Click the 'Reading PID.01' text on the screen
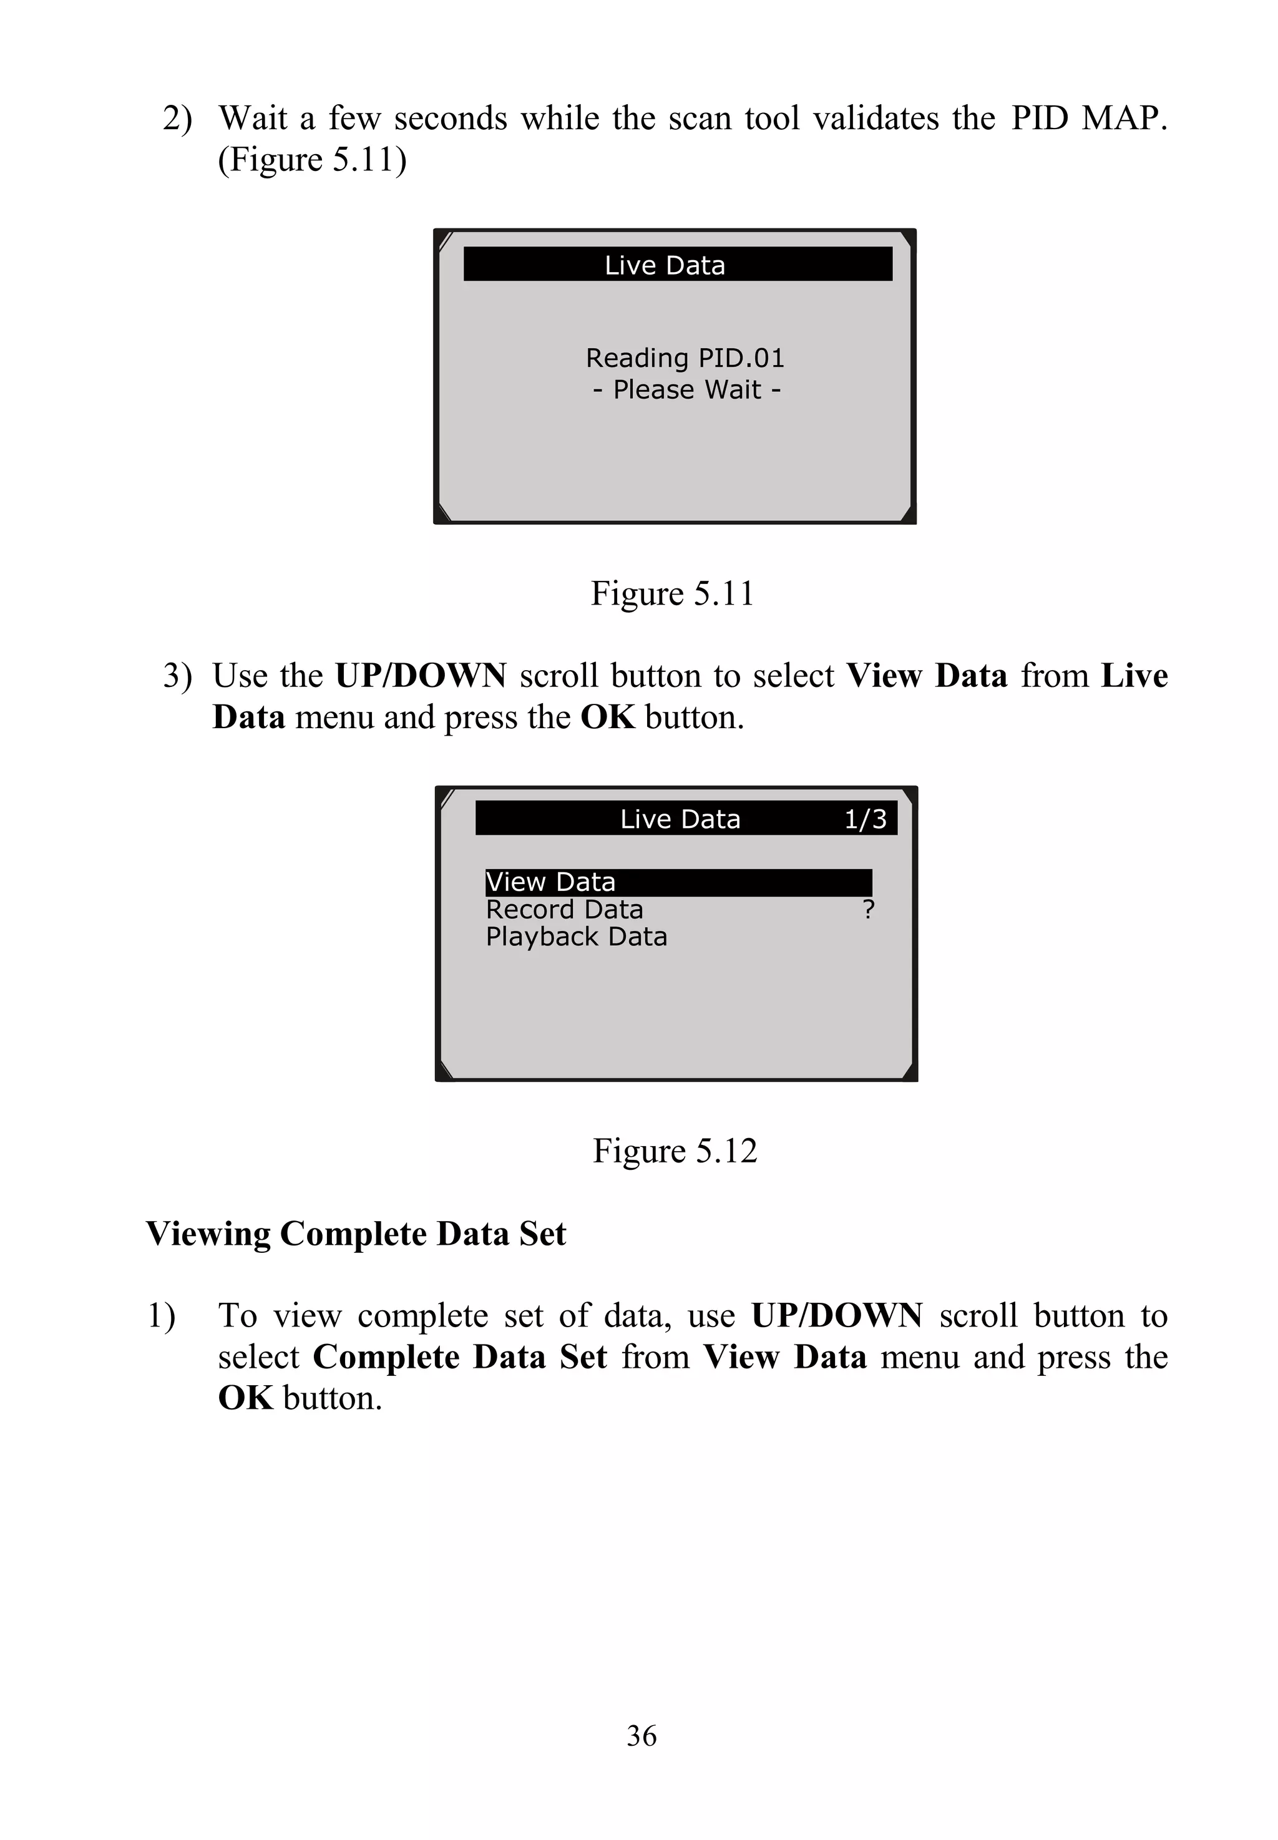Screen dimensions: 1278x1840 click(685, 358)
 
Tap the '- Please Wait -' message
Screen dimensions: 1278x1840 click(686, 390)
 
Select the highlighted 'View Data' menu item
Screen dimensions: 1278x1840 click(551, 882)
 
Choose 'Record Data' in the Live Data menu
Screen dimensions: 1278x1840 click(565, 910)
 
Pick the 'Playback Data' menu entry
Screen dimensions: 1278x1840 click(577, 937)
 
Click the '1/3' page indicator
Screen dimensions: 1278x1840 click(866, 819)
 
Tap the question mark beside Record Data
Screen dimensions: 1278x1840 click(868, 910)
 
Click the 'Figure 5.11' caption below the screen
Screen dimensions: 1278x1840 click(673, 594)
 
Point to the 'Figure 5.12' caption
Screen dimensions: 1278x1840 click(674, 1151)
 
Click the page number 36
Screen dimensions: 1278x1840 click(641, 1736)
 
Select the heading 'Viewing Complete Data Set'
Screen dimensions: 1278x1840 click(356, 1234)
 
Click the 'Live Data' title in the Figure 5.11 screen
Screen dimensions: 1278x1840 click(665, 265)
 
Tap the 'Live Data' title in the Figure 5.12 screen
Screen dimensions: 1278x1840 click(680, 819)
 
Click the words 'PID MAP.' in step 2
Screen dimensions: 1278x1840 click(1088, 119)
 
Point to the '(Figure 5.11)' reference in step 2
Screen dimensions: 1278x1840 click(312, 159)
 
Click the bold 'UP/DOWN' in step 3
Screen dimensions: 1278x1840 click(421, 676)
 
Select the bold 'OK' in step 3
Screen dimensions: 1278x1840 click(607, 718)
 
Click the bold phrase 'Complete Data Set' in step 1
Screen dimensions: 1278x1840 click(460, 1357)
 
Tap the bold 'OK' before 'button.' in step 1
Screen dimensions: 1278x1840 click(245, 1398)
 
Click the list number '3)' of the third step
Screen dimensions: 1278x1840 click(178, 676)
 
